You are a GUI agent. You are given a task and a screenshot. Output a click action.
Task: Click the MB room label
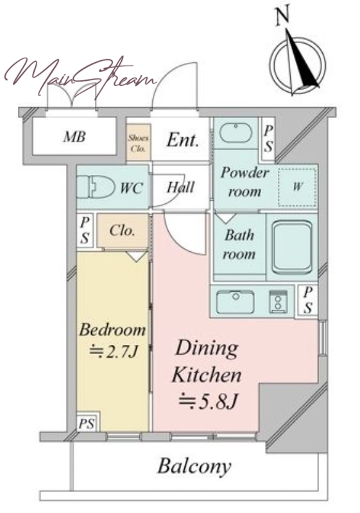(x=74, y=137)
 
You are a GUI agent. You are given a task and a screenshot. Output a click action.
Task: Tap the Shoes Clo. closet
(x=139, y=142)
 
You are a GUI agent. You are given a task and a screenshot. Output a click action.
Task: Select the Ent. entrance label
(x=182, y=140)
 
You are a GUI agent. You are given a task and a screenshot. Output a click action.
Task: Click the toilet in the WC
(x=96, y=187)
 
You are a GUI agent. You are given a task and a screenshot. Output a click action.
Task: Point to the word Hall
(x=181, y=187)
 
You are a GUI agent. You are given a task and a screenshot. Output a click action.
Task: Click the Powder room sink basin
(x=236, y=133)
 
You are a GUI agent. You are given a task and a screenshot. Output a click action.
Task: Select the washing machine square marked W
(x=297, y=187)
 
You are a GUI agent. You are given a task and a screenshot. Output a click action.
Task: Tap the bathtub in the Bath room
(x=291, y=248)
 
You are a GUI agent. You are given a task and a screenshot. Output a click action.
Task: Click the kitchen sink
(x=236, y=301)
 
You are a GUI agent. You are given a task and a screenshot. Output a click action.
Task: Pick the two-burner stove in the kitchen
(x=279, y=301)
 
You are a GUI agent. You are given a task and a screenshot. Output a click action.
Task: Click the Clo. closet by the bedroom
(x=122, y=231)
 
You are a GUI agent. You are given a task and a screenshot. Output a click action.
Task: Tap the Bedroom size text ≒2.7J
(x=114, y=352)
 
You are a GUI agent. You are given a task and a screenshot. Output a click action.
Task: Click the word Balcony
(x=194, y=466)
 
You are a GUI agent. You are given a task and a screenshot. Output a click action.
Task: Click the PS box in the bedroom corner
(x=87, y=424)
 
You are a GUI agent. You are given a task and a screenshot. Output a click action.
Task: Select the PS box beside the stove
(x=307, y=300)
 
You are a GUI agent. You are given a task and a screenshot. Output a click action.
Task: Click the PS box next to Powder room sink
(x=268, y=139)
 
